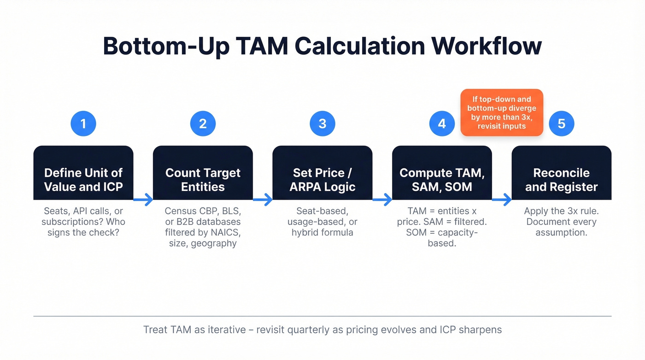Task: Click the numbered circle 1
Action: pos(83,123)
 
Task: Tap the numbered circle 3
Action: pos(322,123)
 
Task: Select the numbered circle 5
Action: pos(561,123)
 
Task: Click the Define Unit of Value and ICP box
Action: pos(83,173)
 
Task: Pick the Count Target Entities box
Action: pos(203,173)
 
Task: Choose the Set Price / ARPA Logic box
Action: pos(322,173)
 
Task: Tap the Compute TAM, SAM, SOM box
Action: pos(442,173)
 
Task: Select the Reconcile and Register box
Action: pos(561,173)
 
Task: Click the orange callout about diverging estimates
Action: pos(501,112)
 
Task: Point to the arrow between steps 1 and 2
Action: pos(143,200)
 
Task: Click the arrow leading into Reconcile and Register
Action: pos(502,200)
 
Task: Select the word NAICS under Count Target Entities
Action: pos(226,232)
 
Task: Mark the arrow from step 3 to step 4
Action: pos(382,200)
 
